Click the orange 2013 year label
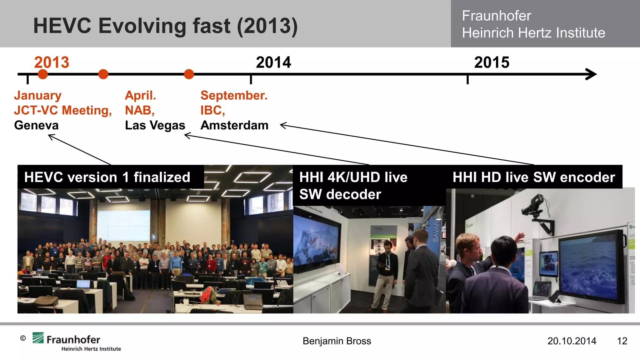pos(52,62)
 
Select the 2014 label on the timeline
pos(273,62)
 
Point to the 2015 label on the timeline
pos(492,62)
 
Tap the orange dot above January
pos(43,74)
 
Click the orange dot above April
pos(103,74)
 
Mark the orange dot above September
pos(189,74)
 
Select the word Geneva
pos(36,125)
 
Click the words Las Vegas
pos(155,125)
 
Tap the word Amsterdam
pos(234,125)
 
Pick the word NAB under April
pos(139,110)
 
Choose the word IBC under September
pos(212,110)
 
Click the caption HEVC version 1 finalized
pos(107,177)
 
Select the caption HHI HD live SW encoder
pos(534,177)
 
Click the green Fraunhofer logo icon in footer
pos(38,338)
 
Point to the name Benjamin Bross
pos(337,341)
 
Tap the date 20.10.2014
pos(572,341)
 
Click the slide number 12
pos(622,341)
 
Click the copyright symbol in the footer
pos(23,338)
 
